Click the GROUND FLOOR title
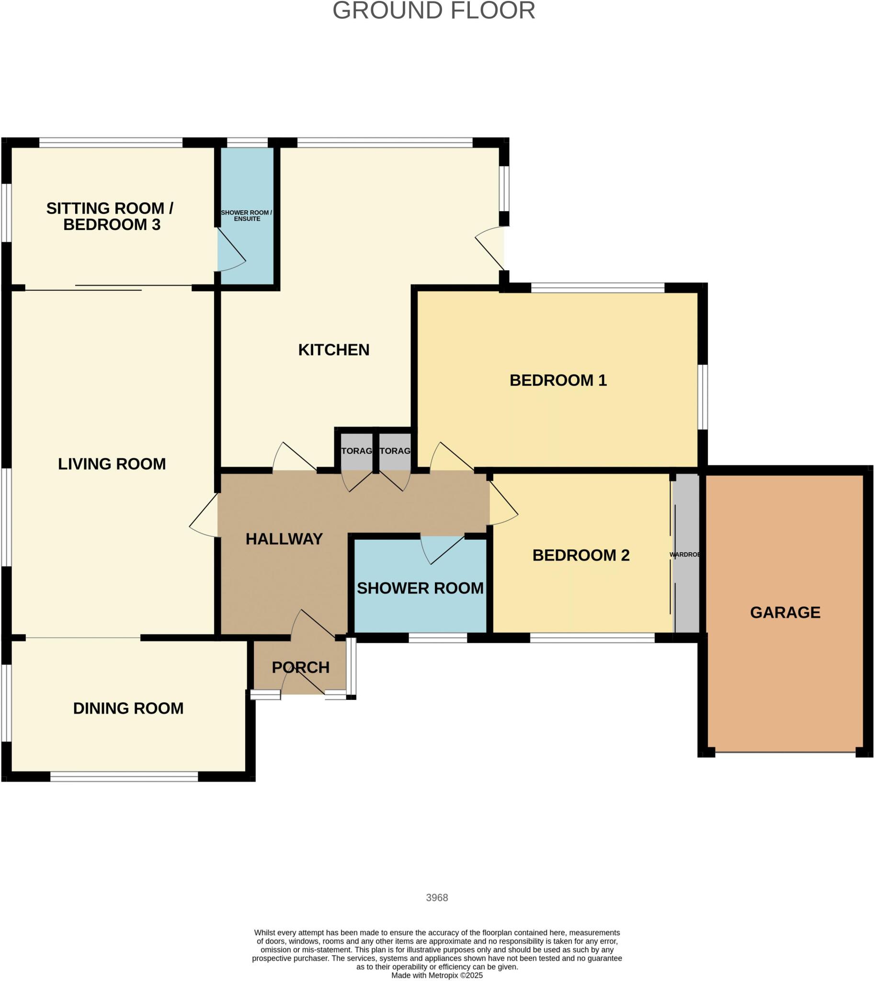point(433,11)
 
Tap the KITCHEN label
point(333,350)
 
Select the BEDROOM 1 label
point(558,380)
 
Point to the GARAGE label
point(785,612)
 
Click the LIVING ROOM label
point(112,464)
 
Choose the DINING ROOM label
point(128,708)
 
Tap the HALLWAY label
point(284,538)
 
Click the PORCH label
point(300,667)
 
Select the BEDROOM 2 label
point(580,555)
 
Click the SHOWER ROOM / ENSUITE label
point(247,216)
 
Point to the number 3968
point(436,898)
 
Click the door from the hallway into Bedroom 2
point(503,501)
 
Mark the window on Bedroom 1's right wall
point(703,397)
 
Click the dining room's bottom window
point(124,776)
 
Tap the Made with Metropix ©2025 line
point(436,975)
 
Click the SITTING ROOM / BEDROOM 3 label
point(110,216)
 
